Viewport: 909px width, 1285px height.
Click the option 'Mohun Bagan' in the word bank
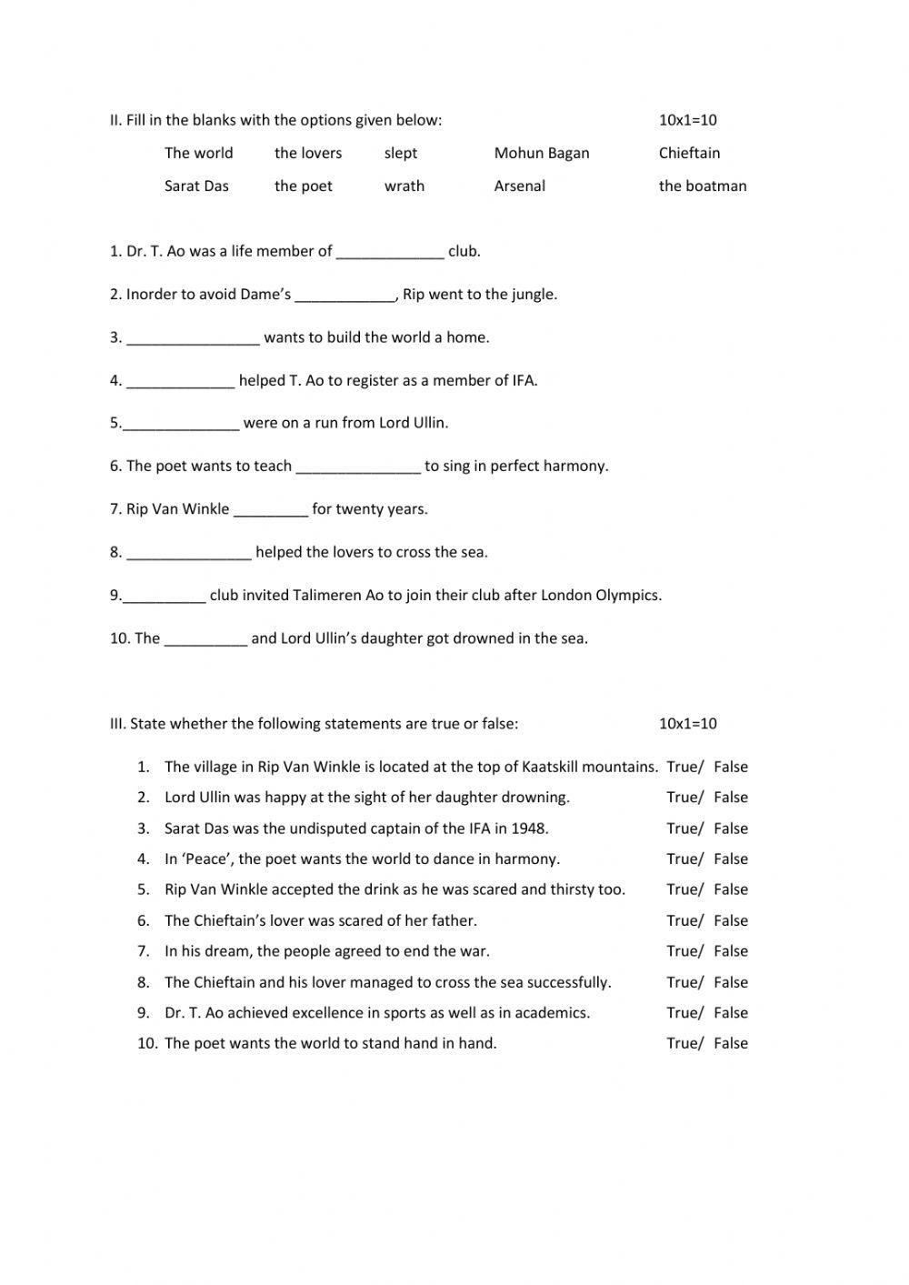541,153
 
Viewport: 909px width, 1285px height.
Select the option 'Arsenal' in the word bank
519,186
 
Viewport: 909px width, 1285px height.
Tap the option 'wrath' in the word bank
404,186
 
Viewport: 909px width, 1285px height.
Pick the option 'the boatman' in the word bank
702,186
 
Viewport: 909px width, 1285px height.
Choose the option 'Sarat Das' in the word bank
196,186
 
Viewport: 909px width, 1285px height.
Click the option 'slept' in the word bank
400,153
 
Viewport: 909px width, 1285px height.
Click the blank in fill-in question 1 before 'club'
390,252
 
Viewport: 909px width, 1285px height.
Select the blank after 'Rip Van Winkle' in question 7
270,509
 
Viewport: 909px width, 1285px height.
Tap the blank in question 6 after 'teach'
358,467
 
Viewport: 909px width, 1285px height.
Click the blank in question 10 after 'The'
205,638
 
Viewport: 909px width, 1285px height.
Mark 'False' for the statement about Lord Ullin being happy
730,798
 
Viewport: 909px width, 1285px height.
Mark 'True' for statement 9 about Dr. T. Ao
683,1013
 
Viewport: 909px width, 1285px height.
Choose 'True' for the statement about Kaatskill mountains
683,767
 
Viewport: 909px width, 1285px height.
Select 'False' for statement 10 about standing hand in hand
730,1044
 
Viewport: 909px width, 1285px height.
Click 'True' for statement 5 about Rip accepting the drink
683,889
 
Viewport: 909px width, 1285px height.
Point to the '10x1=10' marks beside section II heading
687,120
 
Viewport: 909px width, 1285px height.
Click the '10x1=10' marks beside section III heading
687,724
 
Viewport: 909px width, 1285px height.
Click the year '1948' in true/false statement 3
528,828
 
